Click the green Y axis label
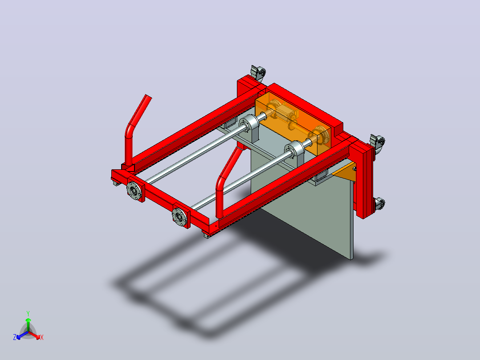(28, 313)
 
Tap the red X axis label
(42, 337)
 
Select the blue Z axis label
(15, 337)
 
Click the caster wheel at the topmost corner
(258, 73)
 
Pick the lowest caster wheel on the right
(379, 204)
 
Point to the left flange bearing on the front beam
(134, 191)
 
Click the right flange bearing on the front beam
(179, 217)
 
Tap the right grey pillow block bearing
(295, 154)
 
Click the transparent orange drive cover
(293, 123)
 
